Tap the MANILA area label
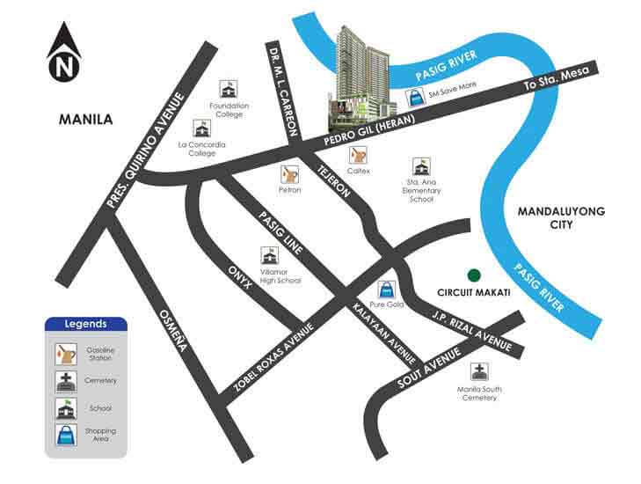click(85, 119)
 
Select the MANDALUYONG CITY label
click(557, 217)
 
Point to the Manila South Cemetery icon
click(477, 371)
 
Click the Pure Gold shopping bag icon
click(385, 289)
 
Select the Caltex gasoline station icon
click(358, 155)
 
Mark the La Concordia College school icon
click(202, 128)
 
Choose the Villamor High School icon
click(269, 256)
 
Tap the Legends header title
click(85, 323)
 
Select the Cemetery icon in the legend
click(67, 381)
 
